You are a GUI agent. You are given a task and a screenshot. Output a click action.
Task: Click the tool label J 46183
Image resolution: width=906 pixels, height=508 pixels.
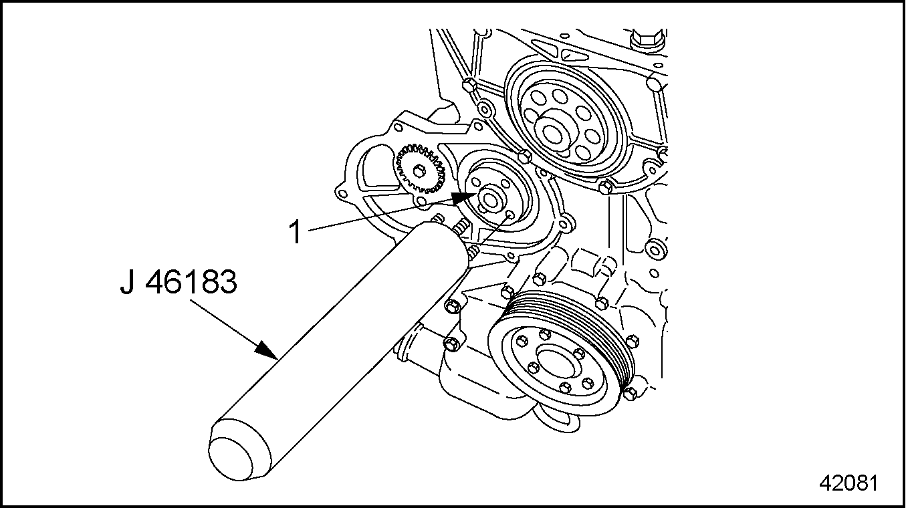tap(179, 283)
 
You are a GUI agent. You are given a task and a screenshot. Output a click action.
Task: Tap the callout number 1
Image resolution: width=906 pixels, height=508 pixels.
tap(295, 233)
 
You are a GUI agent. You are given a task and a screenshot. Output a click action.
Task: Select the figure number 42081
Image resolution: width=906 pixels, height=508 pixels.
tap(849, 483)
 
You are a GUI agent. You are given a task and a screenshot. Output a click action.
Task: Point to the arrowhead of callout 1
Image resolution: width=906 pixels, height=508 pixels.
tap(466, 197)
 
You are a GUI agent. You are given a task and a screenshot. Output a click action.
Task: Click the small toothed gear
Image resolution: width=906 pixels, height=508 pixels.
tap(420, 172)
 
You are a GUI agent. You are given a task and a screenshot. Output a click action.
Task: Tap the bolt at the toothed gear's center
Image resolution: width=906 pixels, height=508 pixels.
tap(420, 172)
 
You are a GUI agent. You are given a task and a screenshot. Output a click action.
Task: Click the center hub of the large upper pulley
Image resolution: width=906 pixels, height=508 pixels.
tap(552, 131)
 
